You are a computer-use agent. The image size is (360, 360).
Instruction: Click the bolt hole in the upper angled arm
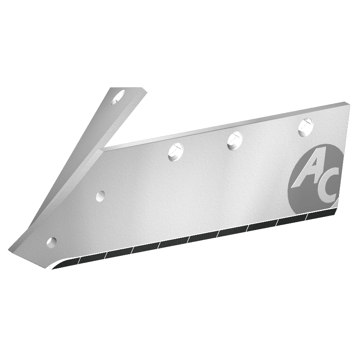(x=119, y=97)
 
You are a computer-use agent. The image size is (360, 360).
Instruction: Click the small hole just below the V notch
(x=100, y=196)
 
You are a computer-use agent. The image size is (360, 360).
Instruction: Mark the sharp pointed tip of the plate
(x=10, y=250)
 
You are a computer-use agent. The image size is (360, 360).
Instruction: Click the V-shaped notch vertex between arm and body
(x=104, y=149)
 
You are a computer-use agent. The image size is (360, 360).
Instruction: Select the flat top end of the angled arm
(x=128, y=89)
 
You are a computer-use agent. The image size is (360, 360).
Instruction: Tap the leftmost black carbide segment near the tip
(x=90, y=259)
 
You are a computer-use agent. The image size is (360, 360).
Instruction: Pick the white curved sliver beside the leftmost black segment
(x=58, y=265)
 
